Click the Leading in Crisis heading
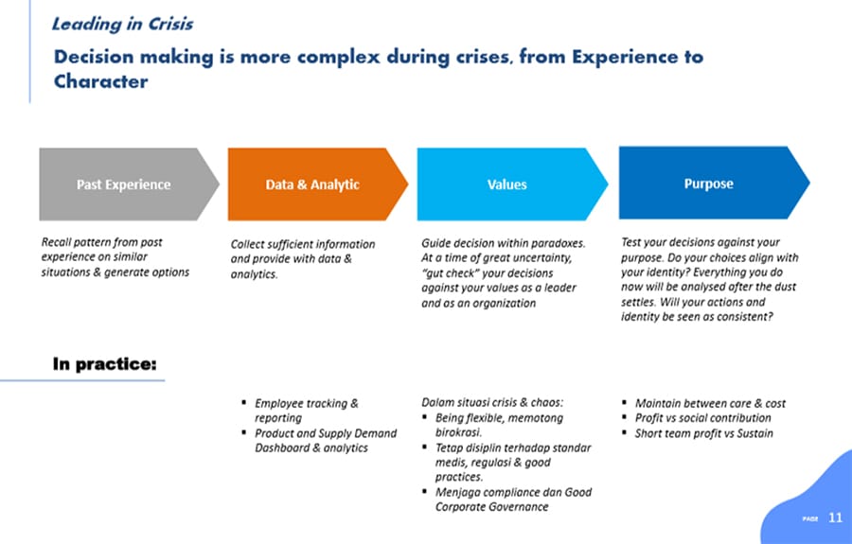click(122, 24)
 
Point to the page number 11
click(835, 518)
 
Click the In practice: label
click(104, 363)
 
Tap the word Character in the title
click(100, 81)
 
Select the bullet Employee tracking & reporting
click(306, 411)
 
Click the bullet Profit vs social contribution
click(702, 418)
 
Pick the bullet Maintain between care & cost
click(710, 403)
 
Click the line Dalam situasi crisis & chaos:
click(492, 402)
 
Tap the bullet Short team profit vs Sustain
click(703, 433)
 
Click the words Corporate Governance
click(491, 506)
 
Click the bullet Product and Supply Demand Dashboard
click(326, 440)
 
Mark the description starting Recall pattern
click(115, 256)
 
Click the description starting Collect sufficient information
click(303, 259)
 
